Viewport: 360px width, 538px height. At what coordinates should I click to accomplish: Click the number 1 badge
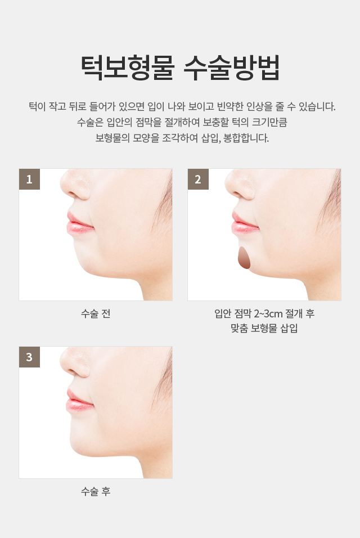tap(29, 179)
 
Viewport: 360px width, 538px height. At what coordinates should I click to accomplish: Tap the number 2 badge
tap(198, 179)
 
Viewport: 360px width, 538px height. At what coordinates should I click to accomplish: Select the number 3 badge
tap(29, 357)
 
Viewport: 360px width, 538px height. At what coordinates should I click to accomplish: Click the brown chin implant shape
tap(245, 258)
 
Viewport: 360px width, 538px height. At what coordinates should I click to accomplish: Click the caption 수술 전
tap(96, 313)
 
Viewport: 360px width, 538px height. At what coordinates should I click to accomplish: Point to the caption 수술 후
tap(96, 491)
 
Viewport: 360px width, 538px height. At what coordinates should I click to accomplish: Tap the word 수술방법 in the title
tap(232, 68)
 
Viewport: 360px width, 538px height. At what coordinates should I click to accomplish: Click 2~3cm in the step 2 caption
tap(268, 313)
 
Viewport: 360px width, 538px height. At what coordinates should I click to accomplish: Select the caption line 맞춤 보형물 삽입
tap(264, 328)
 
